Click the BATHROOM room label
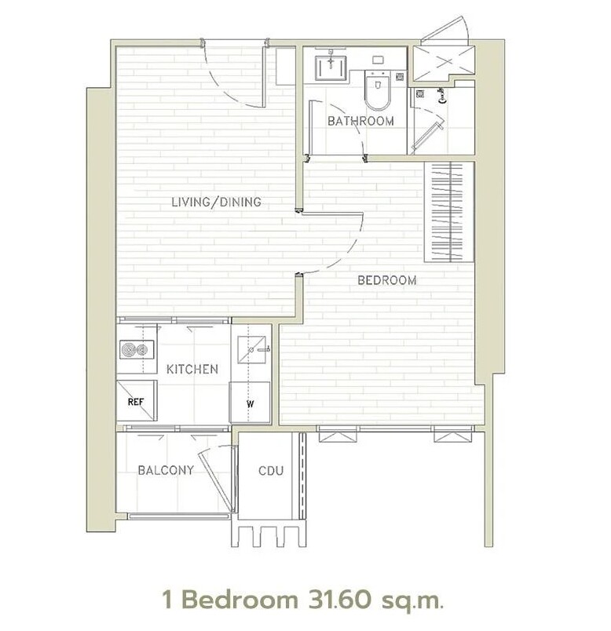point(360,121)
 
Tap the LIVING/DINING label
point(216,202)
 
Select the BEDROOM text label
point(387,280)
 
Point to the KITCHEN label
point(192,369)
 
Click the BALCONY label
point(166,470)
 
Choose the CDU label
point(271,470)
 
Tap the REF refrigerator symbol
point(137,400)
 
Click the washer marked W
point(250,403)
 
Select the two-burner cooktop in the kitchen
point(137,349)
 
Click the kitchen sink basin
point(251,350)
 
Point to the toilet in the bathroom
point(378,89)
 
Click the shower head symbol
point(443,97)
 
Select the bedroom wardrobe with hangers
point(449,212)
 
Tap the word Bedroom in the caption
point(240,600)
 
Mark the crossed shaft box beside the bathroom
point(445,62)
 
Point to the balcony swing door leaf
point(215,482)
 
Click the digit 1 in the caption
point(168,600)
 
